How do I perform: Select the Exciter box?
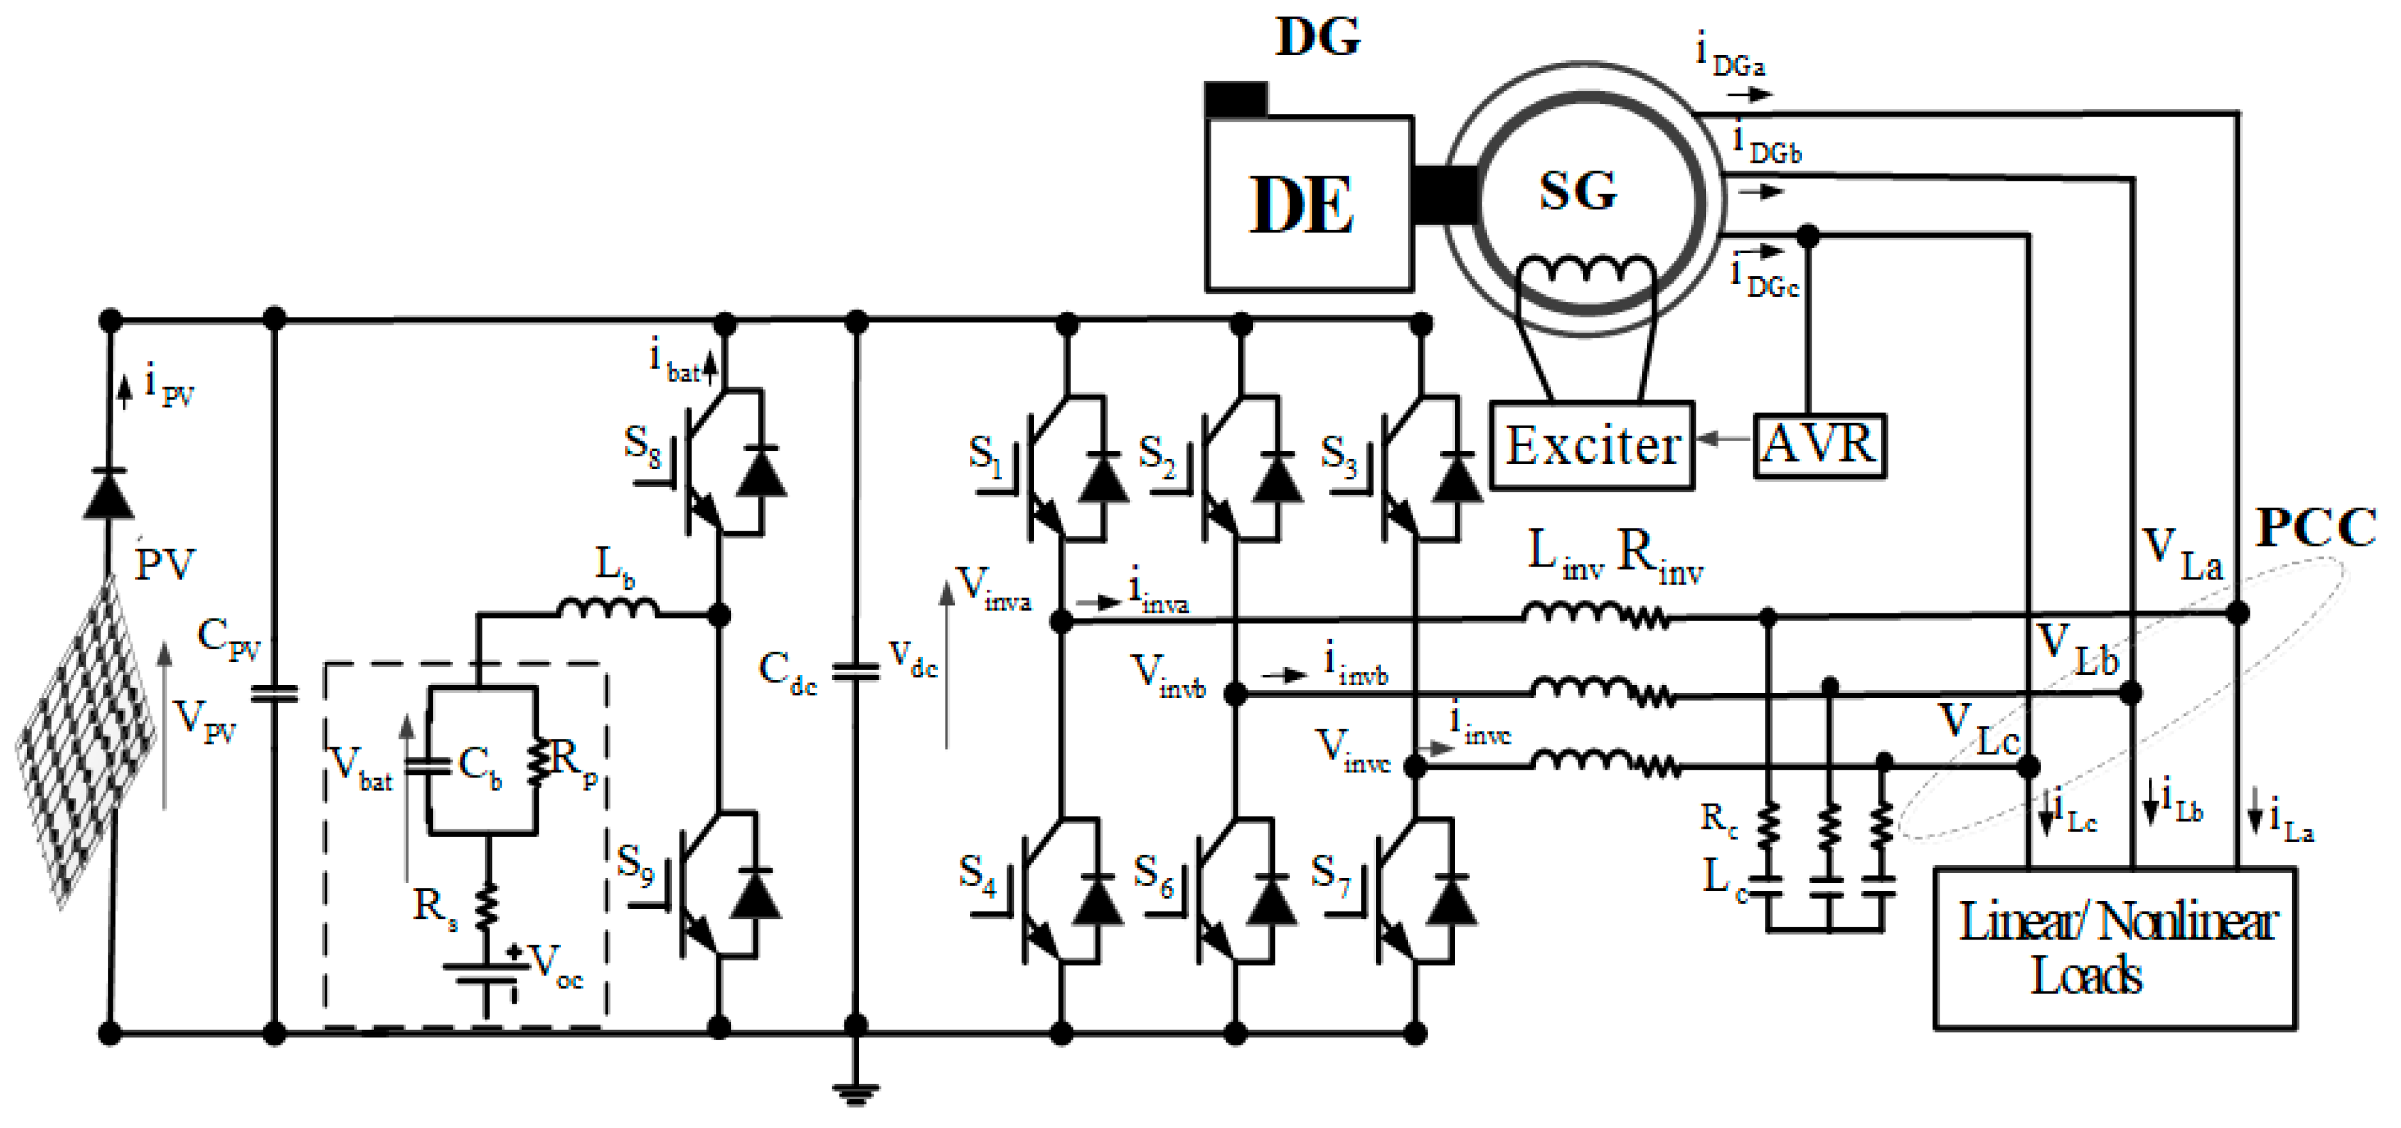tap(1591, 445)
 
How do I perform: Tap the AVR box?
tap(1819, 445)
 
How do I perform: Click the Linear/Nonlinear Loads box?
tap(2114, 948)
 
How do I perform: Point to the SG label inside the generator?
tap(1578, 190)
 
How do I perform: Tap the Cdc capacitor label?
tap(787, 671)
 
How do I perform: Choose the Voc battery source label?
tap(557, 964)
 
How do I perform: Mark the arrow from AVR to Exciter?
tap(1723, 439)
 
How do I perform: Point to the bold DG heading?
tap(1317, 37)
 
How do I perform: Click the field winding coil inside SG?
tap(1587, 270)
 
